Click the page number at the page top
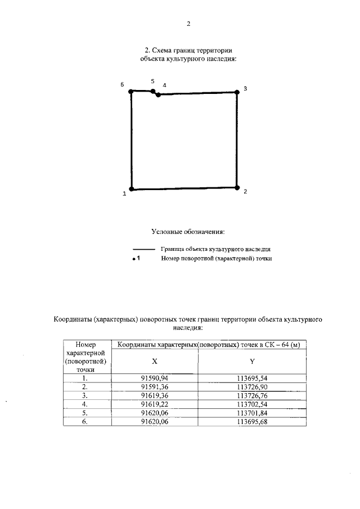point(188,24)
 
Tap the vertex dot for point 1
point(131,190)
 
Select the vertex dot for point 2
point(237,187)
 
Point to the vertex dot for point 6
point(130,91)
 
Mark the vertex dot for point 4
point(158,94)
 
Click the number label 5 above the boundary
point(152,82)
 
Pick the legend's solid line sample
point(143,249)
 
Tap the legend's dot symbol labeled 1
point(134,259)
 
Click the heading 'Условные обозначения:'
point(188,231)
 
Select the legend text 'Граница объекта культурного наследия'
point(216,248)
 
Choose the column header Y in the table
point(252,362)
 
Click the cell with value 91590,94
point(155,379)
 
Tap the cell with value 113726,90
point(252,387)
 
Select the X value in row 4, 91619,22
point(155,404)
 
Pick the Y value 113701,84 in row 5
point(252,412)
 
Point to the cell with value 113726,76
point(252,395)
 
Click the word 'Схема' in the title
point(164,50)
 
